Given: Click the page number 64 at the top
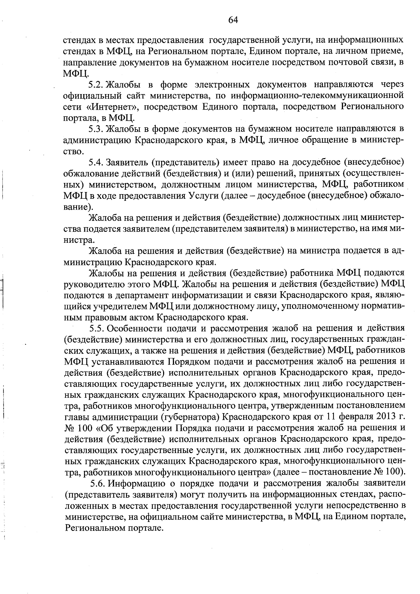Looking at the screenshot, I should (233, 20).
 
